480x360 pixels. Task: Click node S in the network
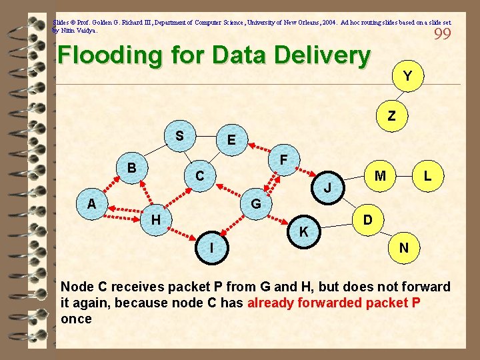(x=179, y=136)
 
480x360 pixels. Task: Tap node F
(x=283, y=161)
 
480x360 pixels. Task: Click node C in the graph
(x=199, y=177)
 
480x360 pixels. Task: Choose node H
(x=155, y=219)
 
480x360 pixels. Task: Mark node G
(x=255, y=203)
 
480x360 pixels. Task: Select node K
(x=303, y=232)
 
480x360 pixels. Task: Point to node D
(x=367, y=219)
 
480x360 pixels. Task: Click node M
(x=380, y=176)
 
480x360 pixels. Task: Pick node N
(x=404, y=248)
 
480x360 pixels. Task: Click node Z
(x=391, y=116)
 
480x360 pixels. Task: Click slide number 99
(x=443, y=34)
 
